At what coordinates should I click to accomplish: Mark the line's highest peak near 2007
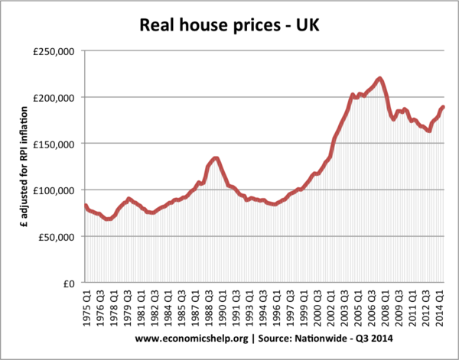pos(380,78)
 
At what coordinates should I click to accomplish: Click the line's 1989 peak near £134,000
pos(216,158)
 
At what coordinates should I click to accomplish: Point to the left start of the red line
pos(85,205)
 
